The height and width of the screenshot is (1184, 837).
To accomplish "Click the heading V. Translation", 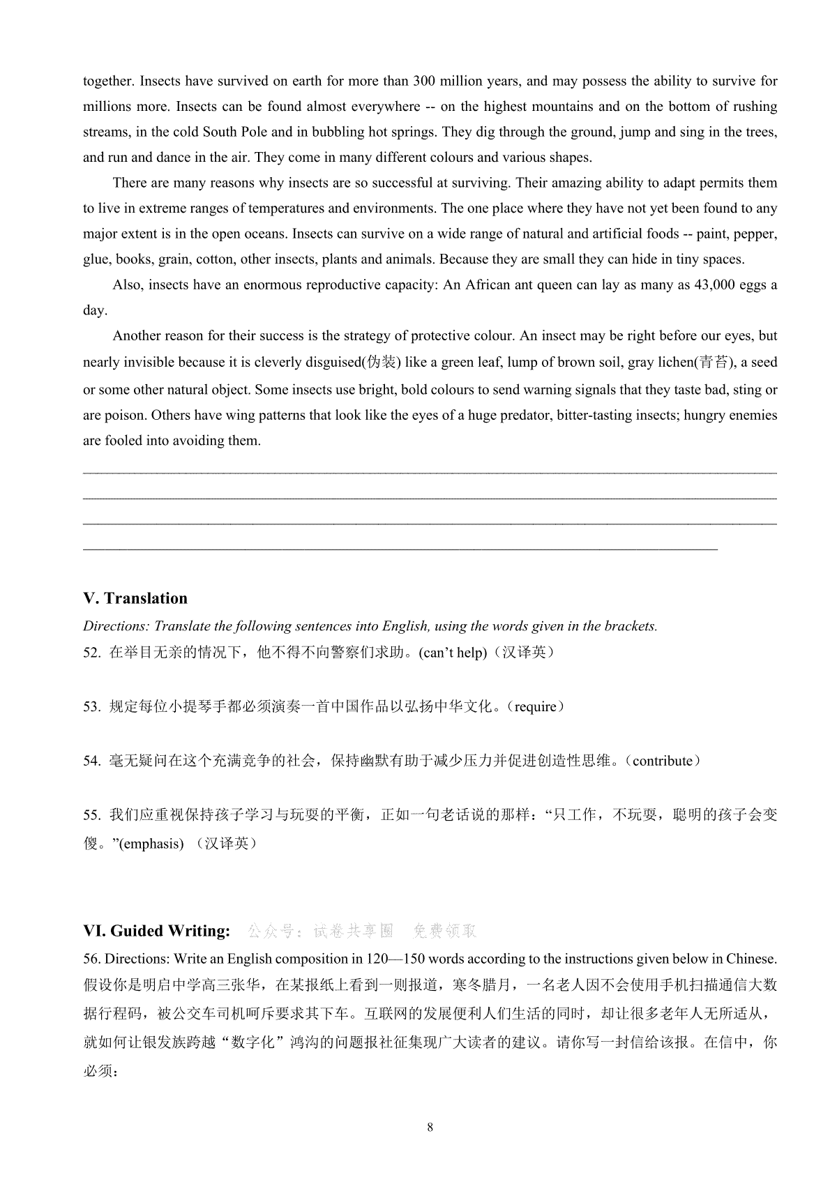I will click(135, 598).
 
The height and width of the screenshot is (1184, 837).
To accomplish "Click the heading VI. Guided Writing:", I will click(156, 930).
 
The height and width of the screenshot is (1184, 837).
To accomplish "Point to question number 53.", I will click(91, 707).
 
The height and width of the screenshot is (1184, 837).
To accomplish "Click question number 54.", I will click(91, 761).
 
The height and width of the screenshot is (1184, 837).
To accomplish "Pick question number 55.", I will click(91, 815).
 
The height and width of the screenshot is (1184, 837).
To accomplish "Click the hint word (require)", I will click(536, 707).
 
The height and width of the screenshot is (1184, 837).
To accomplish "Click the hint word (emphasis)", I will click(151, 844).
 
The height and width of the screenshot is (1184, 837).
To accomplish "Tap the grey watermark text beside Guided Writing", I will click(362, 931).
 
